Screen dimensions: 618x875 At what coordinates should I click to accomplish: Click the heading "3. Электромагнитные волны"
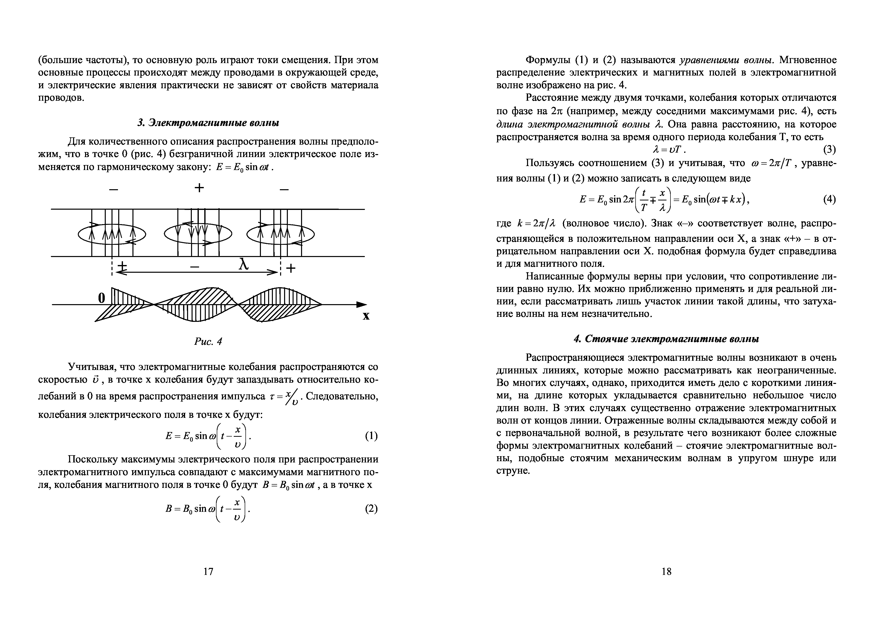[208, 123]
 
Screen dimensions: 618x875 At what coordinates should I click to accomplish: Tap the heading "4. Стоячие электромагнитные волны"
[666, 339]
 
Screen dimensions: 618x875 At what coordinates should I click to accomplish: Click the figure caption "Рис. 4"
[208, 342]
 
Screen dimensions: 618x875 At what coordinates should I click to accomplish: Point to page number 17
[208, 571]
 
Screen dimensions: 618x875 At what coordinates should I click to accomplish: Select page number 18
[666, 571]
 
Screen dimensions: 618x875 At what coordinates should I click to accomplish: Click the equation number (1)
[371, 436]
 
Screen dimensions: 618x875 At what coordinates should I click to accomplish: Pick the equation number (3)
[830, 149]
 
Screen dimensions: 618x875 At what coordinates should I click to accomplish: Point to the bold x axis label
[366, 316]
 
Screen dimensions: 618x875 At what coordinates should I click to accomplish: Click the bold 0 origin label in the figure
[101, 298]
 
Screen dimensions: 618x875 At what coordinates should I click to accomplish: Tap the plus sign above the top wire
[199, 187]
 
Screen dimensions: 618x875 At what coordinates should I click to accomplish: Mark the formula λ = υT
[664, 149]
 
